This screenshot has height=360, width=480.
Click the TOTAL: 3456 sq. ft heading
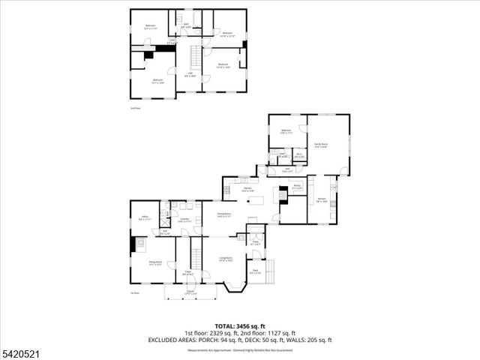239,325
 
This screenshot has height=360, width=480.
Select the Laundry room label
184,220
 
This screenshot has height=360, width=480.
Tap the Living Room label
223,257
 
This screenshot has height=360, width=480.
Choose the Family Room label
321,144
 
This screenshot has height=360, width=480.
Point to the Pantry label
297,185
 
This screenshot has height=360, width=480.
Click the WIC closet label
298,154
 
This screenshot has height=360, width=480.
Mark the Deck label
256,270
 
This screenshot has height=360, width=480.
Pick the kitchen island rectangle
259,200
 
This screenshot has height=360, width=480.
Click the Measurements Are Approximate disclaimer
239,349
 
